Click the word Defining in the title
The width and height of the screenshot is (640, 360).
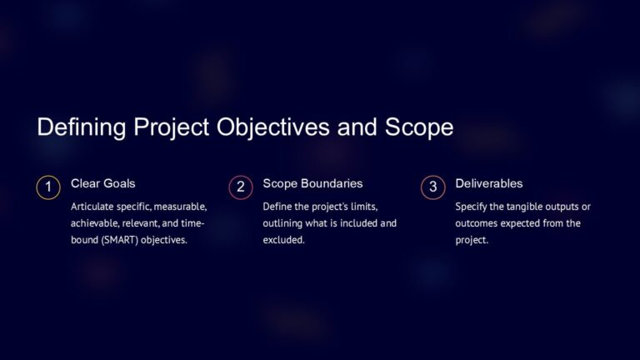click(x=79, y=127)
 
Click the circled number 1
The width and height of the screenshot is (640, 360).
click(x=48, y=187)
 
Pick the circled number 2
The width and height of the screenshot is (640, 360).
click(x=240, y=187)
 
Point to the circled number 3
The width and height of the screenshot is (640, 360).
click(x=432, y=187)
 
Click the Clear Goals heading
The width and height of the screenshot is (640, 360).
click(x=102, y=183)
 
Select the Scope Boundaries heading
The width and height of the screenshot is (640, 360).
click(x=312, y=183)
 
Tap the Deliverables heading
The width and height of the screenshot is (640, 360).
click(x=489, y=183)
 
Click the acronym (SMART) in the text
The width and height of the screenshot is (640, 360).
click(x=125, y=240)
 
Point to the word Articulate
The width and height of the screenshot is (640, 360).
click(x=93, y=206)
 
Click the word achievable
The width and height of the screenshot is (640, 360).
click(x=96, y=223)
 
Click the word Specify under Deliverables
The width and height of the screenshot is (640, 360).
click(x=472, y=206)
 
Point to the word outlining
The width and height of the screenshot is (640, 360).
click(x=283, y=223)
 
